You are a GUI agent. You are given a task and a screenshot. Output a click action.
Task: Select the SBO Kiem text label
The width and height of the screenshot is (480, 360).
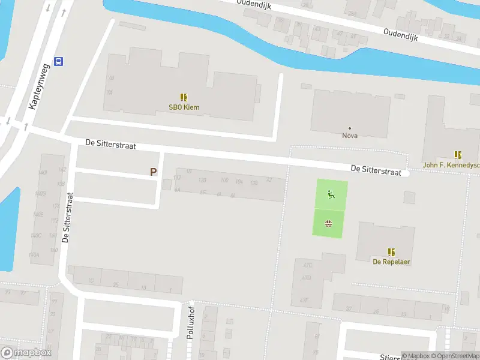(x=184, y=108)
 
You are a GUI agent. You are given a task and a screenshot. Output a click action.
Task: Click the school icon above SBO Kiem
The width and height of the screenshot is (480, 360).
(x=184, y=97)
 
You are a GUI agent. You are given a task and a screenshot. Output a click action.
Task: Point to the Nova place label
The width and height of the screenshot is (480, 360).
(x=350, y=136)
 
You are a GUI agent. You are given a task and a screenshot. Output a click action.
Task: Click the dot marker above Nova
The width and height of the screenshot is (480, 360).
(x=350, y=128)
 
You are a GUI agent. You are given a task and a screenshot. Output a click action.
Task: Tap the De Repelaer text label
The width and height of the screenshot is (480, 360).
(x=391, y=262)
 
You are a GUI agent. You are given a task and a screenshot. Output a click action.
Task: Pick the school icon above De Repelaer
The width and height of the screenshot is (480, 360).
(x=391, y=252)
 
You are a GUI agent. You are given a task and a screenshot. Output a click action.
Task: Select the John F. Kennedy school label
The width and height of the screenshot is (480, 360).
(x=451, y=165)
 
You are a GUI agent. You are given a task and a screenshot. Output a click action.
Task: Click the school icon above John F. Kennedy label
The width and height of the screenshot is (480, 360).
(x=458, y=155)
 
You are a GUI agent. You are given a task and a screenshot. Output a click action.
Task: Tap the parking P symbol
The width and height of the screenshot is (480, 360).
(x=154, y=172)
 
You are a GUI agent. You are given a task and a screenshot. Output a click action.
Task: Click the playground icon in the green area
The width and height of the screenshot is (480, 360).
(x=330, y=194)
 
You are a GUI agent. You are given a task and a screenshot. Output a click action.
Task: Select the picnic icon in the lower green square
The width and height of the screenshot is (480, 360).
(x=328, y=224)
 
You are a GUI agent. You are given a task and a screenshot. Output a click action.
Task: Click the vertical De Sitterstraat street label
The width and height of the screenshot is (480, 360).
(x=68, y=217)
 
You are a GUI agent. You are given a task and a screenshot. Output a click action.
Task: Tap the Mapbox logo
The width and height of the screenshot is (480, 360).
(x=26, y=353)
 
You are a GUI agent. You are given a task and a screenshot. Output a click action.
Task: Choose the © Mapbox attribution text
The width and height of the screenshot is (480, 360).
(x=415, y=356)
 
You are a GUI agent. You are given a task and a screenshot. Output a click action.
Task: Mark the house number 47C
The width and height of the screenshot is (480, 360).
(x=307, y=265)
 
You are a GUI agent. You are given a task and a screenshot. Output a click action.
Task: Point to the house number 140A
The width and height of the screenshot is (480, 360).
(x=35, y=255)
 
